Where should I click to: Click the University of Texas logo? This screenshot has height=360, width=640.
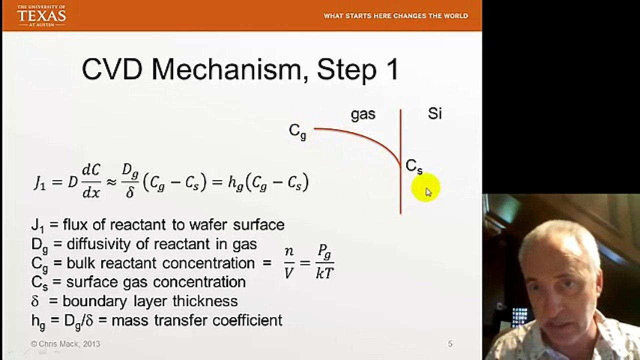[41, 15]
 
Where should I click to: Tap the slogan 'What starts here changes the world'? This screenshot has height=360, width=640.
[395, 16]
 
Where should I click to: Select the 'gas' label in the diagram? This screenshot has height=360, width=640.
[363, 114]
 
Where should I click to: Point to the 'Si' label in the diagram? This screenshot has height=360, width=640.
[434, 113]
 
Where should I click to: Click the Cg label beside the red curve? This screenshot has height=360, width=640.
[297, 131]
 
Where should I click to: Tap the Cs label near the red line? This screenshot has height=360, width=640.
[414, 166]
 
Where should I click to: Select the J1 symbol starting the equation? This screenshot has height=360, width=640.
[39, 183]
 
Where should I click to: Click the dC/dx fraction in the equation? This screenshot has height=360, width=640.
[91, 183]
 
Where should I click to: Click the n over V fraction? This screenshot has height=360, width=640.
[289, 263]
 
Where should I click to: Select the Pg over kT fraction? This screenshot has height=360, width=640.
[324, 263]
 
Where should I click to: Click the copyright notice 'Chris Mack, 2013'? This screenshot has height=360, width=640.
[65, 344]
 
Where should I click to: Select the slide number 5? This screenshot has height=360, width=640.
[450, 344]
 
